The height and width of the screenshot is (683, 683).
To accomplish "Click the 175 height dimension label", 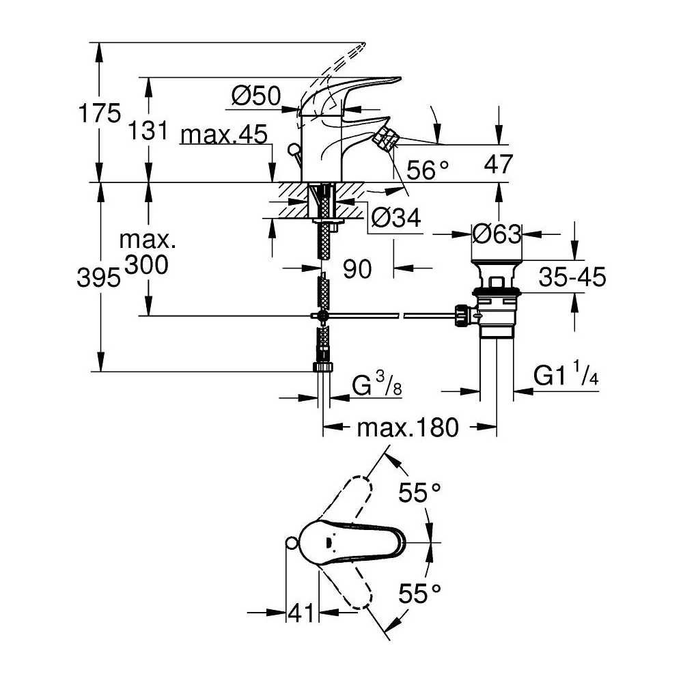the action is coord(99,113).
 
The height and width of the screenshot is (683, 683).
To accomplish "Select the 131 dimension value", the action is coord(148,130).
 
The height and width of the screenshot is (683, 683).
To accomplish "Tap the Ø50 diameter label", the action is coord(256,96).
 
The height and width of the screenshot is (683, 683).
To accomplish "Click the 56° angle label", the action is coord(428,169).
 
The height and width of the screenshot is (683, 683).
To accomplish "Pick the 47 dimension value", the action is coord(499,164).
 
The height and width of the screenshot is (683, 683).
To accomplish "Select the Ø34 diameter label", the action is coord(396,217).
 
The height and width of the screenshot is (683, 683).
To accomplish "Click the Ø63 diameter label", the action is coord(497,234).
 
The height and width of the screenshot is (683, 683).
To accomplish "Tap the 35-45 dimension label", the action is coord(572,277).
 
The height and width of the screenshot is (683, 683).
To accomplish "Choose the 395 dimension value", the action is coord(98,277).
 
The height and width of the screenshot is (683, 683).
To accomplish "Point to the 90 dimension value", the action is coord(357,268).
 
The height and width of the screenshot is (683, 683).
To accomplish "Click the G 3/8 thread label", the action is coord(377,383).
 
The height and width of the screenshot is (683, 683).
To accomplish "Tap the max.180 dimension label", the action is coord(408,428).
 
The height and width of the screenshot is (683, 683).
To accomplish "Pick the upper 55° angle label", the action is coord(419,492).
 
